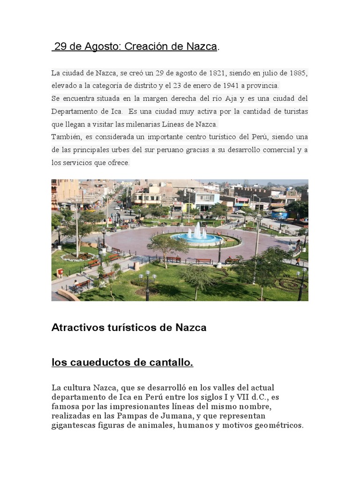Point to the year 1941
point(227,86)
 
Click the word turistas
point(295,112)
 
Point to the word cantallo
point(171,362)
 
